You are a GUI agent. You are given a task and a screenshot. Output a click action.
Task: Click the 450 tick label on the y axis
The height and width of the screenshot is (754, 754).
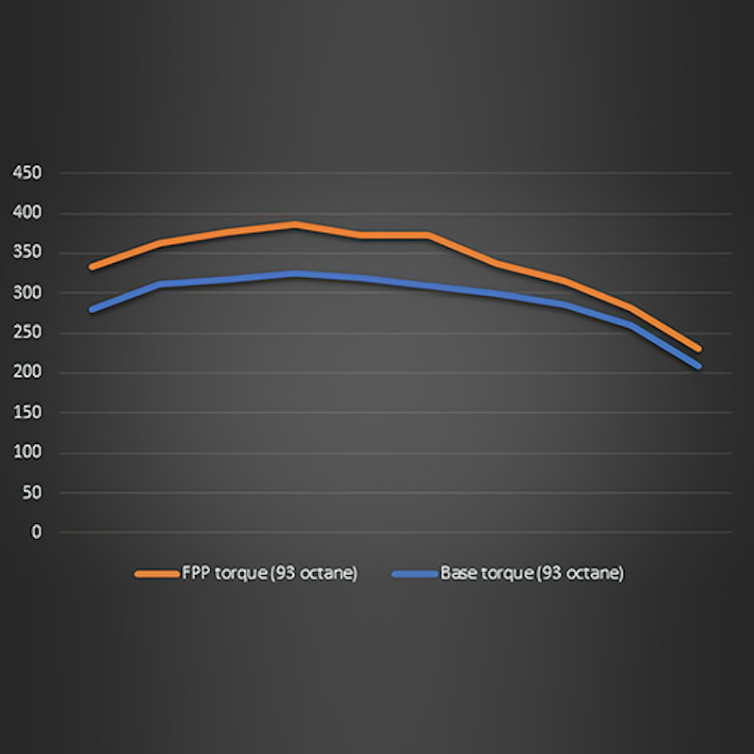coord(28,173)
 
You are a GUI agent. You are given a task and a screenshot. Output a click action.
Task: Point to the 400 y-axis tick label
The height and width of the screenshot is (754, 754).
coord(28,213)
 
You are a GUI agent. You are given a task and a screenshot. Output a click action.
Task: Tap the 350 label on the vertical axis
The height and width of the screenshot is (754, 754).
coord(28,254)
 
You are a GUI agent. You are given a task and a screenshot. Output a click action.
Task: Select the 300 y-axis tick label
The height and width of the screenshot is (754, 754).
coord(28,293)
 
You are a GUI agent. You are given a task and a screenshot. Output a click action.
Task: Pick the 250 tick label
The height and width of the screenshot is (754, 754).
coord(28,333)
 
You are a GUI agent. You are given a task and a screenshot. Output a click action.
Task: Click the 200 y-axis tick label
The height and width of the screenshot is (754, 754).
coord(28,373)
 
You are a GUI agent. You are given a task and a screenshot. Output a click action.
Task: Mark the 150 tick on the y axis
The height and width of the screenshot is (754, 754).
coord(28,413)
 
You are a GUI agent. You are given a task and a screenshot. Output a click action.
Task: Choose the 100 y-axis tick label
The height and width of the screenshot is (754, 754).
coord(28,453)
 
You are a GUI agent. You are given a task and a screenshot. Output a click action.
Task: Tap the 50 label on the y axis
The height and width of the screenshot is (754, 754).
coord(32,493)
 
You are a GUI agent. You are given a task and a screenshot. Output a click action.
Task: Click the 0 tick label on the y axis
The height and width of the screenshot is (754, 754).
coord(37,533)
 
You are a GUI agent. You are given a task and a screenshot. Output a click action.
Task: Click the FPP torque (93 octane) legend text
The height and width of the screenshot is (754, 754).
coord(270,573)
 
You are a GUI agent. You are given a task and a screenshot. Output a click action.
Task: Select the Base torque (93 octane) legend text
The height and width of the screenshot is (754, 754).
coord(532,573)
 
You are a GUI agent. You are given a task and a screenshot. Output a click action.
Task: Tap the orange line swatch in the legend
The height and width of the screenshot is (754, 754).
coord(156,573)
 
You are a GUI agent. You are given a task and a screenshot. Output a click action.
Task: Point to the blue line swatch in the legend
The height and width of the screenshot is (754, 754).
coord(415,573)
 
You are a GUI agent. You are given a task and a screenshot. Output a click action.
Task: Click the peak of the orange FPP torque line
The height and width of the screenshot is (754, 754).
coord(295,224)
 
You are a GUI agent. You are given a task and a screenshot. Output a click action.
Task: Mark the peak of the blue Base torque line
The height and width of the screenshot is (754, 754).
coord(295,273)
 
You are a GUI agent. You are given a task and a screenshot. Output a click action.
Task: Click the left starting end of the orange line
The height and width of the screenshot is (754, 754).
coord(91,268)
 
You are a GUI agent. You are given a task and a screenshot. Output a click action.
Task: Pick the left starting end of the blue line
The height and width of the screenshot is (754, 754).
coord(91,309)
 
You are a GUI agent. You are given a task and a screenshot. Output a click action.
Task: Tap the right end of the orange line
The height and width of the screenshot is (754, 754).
coord(698,350)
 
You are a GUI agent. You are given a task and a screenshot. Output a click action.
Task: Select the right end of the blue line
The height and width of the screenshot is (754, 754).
coord(698,366)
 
